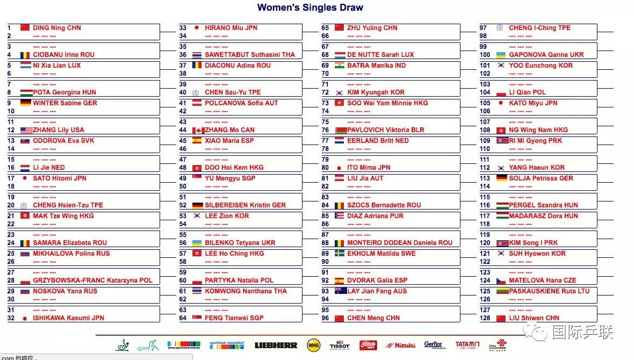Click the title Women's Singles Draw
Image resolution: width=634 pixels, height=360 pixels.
[x=310, y=8]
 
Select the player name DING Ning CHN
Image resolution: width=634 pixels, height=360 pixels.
[x=57, y=28]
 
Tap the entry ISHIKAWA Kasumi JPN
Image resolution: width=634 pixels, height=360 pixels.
[x=68, y=318]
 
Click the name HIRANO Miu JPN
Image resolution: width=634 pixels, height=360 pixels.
[x=231, y=28]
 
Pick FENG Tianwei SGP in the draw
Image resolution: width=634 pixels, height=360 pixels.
[x=234, y=318]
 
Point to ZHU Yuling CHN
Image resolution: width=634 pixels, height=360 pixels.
[x=372, y=28]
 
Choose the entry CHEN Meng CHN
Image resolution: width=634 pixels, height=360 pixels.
[x=373, y=318]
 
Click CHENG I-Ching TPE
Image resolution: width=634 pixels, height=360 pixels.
[x=539, y=28]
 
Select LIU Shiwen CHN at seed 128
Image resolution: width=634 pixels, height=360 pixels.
[x=534, y=318]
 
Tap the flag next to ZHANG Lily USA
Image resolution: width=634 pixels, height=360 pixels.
[x=26, y=130]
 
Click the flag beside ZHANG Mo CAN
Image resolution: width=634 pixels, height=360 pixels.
[x=198, y=130]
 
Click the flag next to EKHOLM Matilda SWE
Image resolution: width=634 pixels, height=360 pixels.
[x=340, y=254]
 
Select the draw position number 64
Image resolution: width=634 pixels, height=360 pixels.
[x=183, y=318]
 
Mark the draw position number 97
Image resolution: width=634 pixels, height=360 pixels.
[x=484, y=28]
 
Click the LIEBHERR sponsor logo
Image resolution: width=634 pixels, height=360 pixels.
[x=276, y=345]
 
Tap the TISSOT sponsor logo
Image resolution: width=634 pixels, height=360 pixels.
[x=339, y=345]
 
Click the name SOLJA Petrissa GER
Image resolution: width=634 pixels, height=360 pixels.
[x=541, y=178]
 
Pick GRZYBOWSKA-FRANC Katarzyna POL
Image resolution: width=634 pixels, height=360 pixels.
[x=92, y=280]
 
